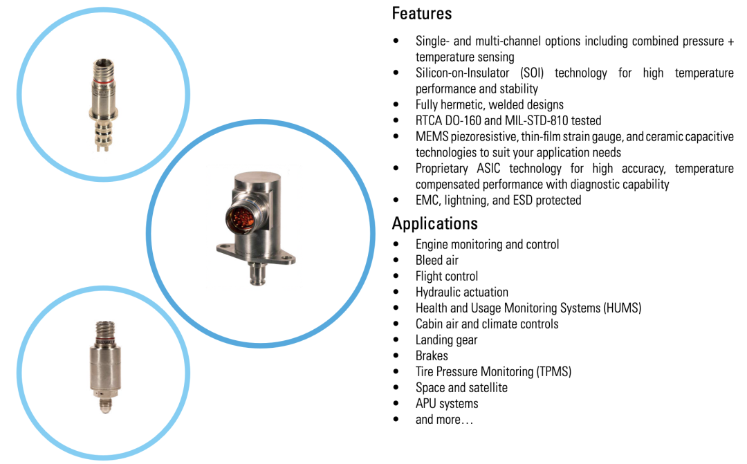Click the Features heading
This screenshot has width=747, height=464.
pyautogui.click(x=422, y=13)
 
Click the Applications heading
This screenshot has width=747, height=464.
pyautogui.click(x=434, y=223)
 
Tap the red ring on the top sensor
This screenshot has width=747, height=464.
pyautogui.click(x=103, y=82)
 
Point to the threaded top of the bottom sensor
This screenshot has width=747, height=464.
pyautogui.click(x=105, y=329)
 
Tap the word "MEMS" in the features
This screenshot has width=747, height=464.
pyautogui.click(x=432, y=137)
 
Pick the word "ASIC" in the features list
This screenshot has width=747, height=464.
pyautogui.click(x=488, y=169)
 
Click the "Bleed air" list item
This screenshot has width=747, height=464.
pyautogui.click(x=437, y=260)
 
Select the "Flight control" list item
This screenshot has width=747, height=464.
pyautogui.click(x=446, y=277)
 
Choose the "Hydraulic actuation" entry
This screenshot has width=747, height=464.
pyautogui.click(x=461, y=292)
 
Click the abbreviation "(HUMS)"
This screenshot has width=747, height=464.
pyautogui.click(x=622, y=308)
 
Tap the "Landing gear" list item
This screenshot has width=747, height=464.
pyautogui.click(x=446, y=340)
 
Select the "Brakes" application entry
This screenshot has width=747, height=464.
pyautogui.click(x=432, y=356)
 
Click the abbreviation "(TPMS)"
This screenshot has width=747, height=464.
pyautogui.click(x=554, y=371)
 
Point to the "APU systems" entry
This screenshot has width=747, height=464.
pyautogui.click(x=447, y=404)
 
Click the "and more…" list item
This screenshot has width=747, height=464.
pyautogui.click(x=444, y=420)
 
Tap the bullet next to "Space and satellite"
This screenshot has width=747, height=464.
pyautogui.click(x=396, y=388)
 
